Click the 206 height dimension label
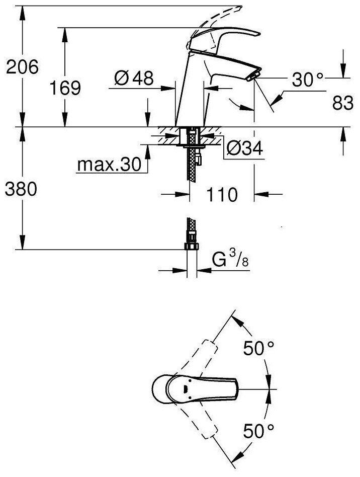coord(23,67)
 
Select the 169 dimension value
coord(65,88)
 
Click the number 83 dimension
coord(343,103)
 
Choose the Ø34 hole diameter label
coord(244,149)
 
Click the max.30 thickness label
coord(110,165)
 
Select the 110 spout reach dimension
coord(222,194)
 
